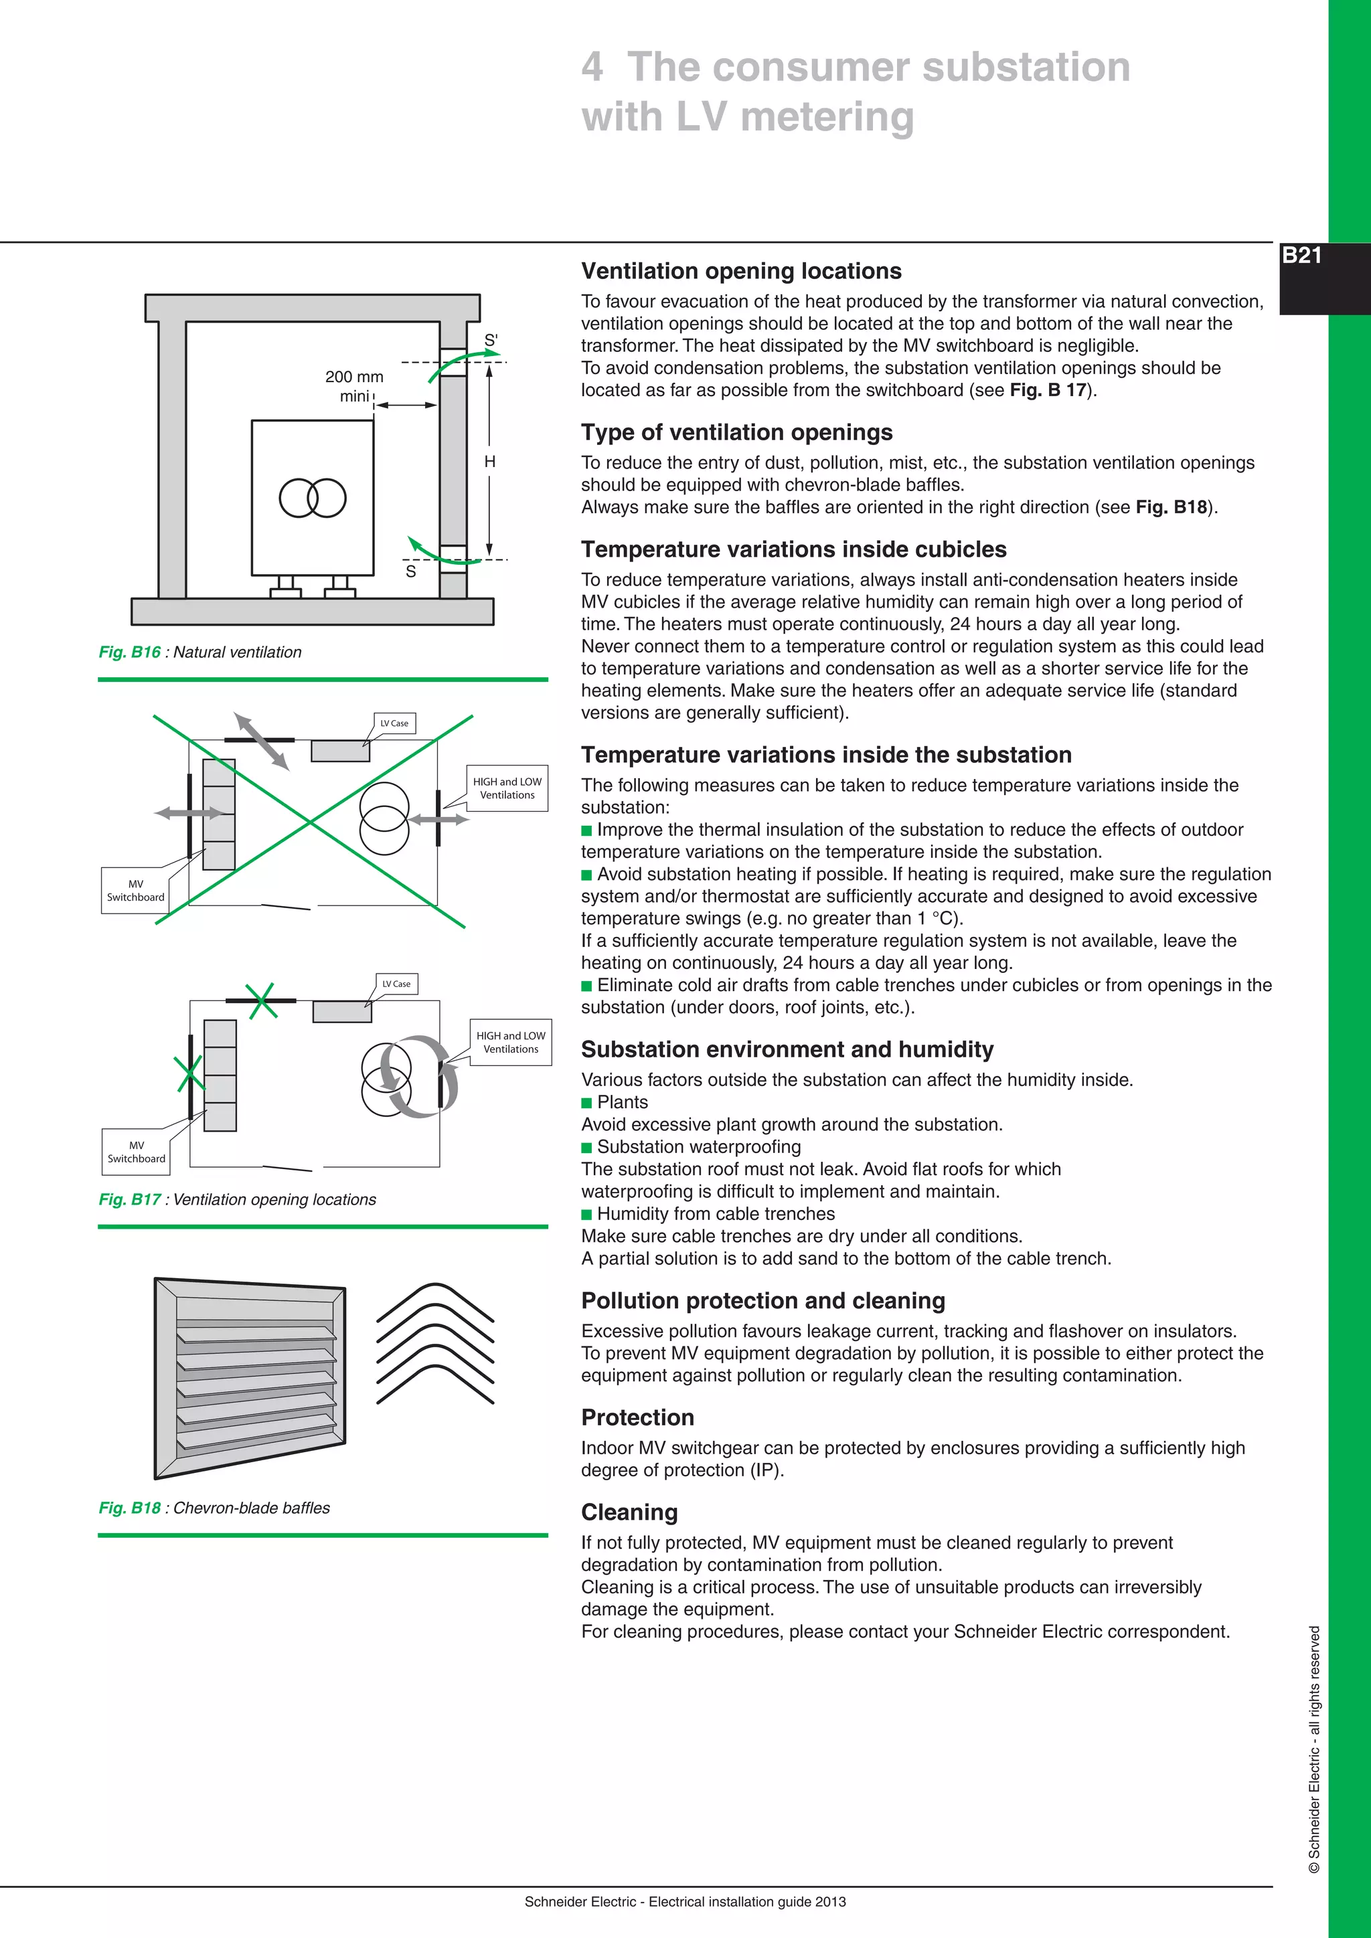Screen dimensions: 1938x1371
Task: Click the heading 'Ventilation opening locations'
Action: pyautogui.click(x=740, y=271)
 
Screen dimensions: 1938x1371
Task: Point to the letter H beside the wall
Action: pyautogui.click(x=489, y=462)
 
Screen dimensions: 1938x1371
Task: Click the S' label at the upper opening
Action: pyautogui.click(x=491, y=340)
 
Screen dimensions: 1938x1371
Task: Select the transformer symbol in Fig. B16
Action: pyautogui.click(x=313, y=498)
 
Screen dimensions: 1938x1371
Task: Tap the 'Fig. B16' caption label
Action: pyautogui.click(x=129, y=652)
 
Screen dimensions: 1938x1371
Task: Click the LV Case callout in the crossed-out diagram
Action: pyautogui.click(x=394, y=723)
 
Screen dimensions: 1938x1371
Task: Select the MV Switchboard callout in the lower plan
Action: pyautogui.click(x=136, y=1151)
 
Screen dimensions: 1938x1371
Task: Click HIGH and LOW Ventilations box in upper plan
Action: pyautogui.click(x=507, y=788)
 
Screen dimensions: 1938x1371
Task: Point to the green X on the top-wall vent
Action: pyautogui.click(x=262, y=1000)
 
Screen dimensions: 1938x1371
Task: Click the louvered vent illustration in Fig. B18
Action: pyautogui.click(x=250, y=1377)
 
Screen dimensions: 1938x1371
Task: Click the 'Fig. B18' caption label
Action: pyautogui.click(x=129, y=1508)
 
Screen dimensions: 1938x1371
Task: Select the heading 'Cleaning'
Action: pyautogui.click(x=629, y=1512)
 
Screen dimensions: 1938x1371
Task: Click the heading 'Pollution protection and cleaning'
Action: pyautogui.click(x=762, y=1301)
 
